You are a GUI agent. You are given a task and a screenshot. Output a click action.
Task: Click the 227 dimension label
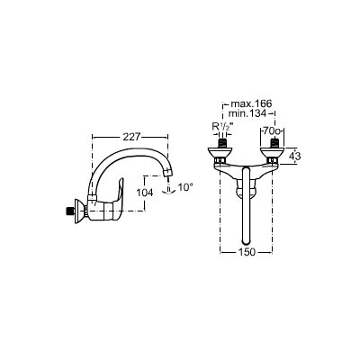(x=131, y=137)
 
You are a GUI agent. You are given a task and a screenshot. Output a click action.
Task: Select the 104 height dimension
(x=145, y=193)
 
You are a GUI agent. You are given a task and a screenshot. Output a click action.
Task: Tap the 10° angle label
(x=185, y=187)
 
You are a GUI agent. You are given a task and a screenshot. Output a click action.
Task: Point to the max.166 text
(x=251, y=103)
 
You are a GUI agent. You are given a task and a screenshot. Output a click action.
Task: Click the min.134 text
(x=247, y=113)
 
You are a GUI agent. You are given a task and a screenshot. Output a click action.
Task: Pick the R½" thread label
(x=222, y=127)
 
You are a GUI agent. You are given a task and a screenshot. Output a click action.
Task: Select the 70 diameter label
(x=271, y=131)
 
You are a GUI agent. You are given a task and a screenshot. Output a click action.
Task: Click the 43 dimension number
(x=294, y=156)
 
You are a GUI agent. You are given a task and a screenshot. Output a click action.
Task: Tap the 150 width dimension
(x=247, y=252)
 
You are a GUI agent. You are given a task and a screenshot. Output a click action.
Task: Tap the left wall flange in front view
(x=220, y=153)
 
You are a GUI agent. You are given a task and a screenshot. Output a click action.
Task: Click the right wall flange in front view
(x=273, y=153)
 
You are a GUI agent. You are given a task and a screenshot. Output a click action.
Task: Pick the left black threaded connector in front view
(x=221, y=143)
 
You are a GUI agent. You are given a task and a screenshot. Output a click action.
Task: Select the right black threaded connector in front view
(x=274, y=143)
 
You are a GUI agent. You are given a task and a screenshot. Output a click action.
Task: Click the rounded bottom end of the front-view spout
(x=246, y=241)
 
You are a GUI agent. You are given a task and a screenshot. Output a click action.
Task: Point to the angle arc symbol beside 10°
(x=169, y=191)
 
